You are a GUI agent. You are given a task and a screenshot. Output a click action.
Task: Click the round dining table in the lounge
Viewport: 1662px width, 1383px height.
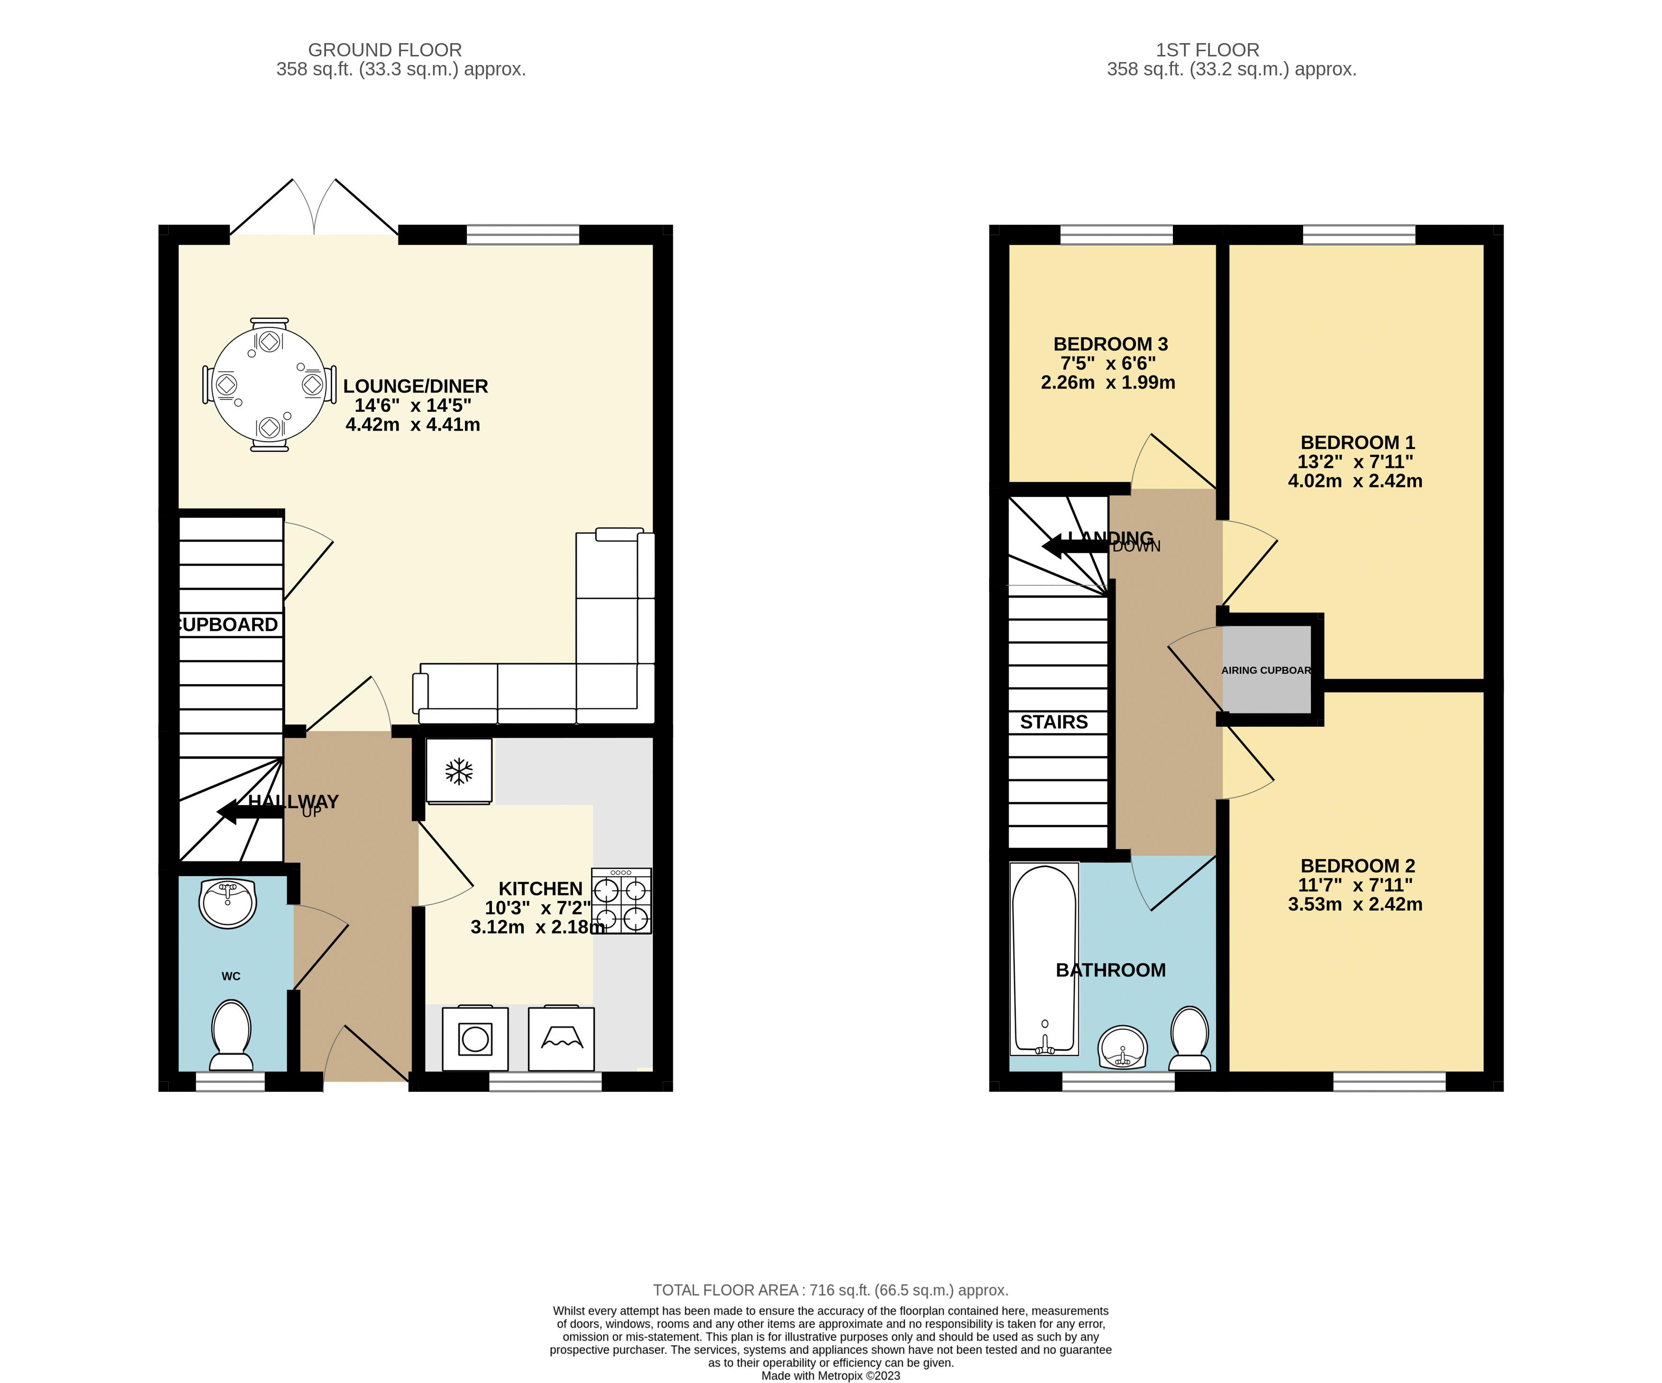click(269, 385)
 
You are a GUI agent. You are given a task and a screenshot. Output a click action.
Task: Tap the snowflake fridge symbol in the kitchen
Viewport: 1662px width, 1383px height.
click(459, 771)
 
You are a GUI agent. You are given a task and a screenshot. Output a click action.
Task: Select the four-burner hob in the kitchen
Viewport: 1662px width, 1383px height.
click(621, 902)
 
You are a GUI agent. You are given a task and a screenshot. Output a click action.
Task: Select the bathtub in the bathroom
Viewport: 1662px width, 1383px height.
click(1044, 959)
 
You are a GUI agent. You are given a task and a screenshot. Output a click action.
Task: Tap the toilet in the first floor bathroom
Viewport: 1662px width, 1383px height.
click(1190, 1038)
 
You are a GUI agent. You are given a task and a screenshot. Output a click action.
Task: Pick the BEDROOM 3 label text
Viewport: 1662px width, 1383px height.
click(1110, 344)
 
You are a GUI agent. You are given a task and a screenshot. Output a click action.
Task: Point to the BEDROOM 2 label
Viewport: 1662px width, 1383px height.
click(1357, 866)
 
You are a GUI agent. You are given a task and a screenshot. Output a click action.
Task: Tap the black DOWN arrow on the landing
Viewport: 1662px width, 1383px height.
click(1061, 546)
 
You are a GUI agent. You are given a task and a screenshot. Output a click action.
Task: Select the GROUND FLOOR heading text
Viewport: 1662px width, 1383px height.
click(385, 50)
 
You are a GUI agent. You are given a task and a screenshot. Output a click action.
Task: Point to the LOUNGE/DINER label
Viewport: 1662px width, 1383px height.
click(416, 386)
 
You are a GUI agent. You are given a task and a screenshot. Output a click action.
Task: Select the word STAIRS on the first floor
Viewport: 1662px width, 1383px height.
click(1054, 722)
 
